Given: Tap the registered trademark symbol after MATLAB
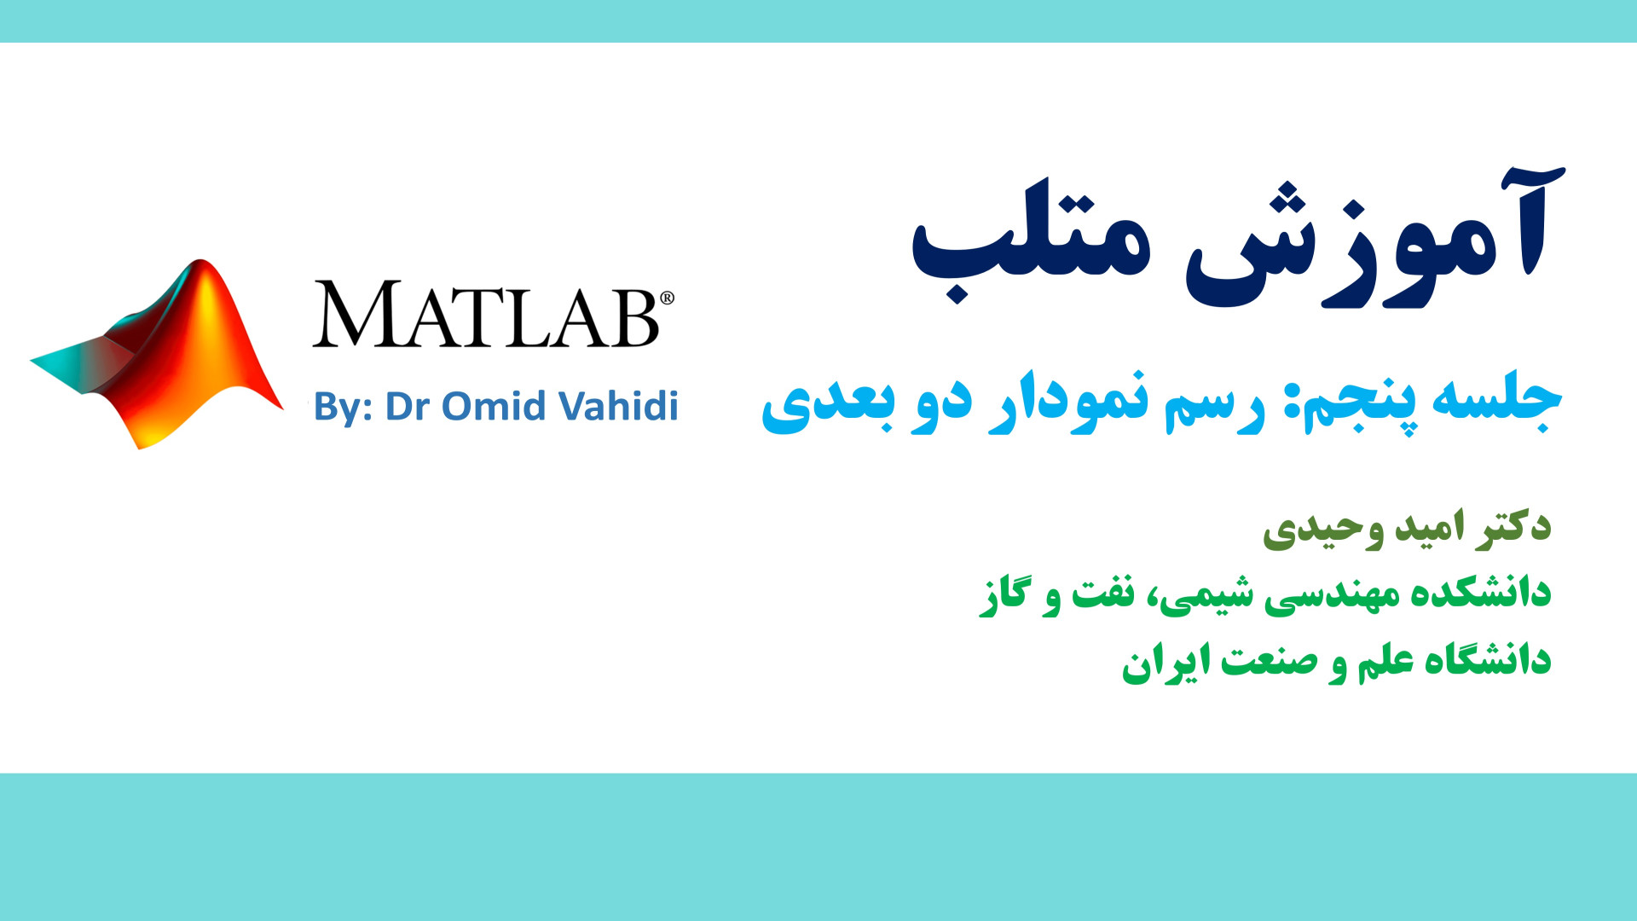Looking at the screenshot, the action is click(667, 298).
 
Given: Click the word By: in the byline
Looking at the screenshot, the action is click(343, 408).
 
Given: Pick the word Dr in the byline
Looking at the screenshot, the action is click(408, 406).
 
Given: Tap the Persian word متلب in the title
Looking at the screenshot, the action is click(1032, 243).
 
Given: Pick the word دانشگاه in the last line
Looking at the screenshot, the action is click(1484, 660).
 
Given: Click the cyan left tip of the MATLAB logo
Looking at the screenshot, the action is click(32, 362).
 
